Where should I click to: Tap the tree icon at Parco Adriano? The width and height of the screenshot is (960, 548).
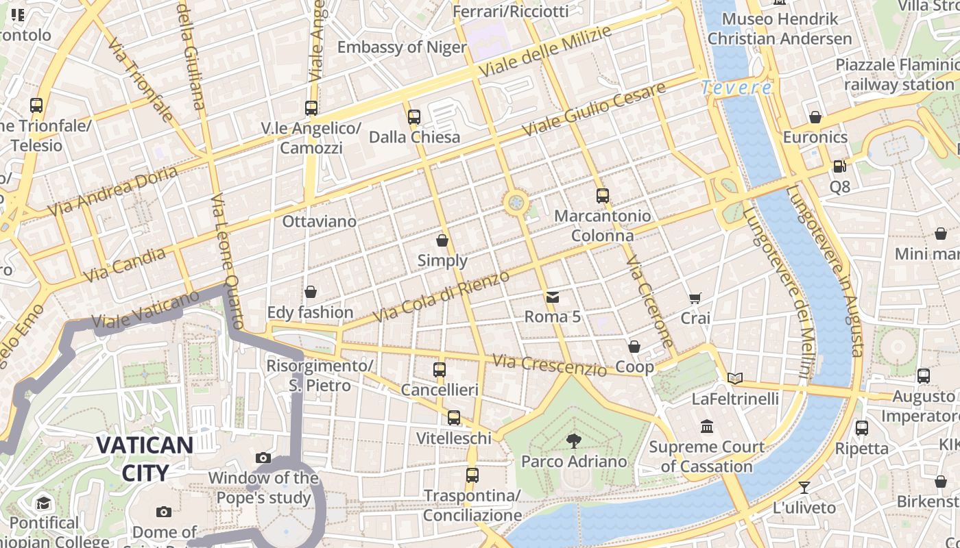pos(574,441)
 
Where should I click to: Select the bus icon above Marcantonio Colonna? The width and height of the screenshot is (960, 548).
pos(602,196)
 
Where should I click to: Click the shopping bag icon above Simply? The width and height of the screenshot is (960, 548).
pos(442,240)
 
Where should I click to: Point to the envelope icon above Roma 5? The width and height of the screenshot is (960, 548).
pos(552,297)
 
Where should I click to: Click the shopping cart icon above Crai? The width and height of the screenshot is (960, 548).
pos(695,298)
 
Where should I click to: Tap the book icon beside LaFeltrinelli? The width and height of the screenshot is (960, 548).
pos(734,378)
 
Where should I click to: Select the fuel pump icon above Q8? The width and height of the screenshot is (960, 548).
pos(839,166)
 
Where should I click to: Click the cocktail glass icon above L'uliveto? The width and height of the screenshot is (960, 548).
pos(804,488)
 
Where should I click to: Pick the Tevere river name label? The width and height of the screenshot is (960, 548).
pos(736,88)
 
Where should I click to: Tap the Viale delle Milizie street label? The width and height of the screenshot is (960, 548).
pos(544,52)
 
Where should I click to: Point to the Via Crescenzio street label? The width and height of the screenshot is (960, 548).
pos(549,365)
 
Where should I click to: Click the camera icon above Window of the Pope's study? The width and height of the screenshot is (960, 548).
pos(263,458)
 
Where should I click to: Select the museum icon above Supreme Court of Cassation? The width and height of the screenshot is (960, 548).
pos(707,427)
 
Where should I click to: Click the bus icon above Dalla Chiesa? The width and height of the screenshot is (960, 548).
pos(413,117)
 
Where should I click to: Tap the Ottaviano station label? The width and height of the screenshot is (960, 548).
pos(320,221)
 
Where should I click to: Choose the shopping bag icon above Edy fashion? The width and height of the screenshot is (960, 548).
pos(311,292)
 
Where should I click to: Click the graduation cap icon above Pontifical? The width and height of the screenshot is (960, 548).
pos(44,503)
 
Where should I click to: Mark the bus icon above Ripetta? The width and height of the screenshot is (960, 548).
pos(861,428)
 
